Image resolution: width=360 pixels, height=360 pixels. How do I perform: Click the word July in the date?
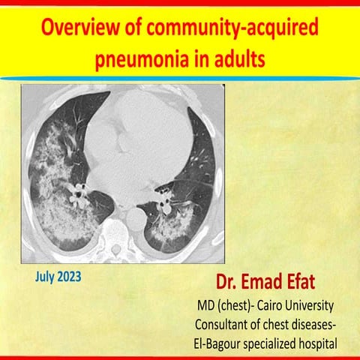[46, 277]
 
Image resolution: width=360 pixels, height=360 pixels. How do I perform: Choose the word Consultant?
[227, 325]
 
